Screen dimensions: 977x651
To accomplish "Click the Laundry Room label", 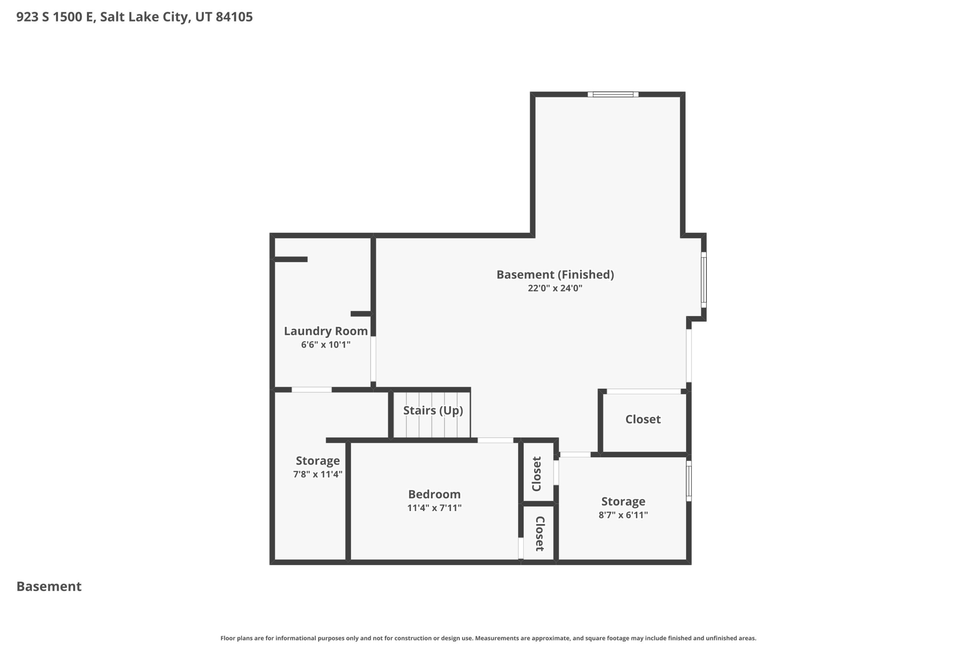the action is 326,331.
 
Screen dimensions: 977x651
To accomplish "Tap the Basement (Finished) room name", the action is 555,275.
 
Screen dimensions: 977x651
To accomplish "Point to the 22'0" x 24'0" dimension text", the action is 555,288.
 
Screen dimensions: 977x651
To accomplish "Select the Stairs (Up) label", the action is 433,411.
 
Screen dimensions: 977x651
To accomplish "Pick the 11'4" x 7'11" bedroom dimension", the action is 434,508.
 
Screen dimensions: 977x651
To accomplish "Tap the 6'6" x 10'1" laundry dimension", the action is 326,345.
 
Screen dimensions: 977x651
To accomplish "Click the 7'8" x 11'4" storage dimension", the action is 318,474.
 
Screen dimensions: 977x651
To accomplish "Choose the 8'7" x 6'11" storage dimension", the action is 623,515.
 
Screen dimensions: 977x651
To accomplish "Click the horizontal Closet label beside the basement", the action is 643,420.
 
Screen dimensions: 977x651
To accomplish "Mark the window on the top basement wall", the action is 613,94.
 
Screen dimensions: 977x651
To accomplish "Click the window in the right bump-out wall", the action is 704,280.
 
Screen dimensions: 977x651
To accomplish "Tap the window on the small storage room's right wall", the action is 689,481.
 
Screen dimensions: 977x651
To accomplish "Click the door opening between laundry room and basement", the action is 373,359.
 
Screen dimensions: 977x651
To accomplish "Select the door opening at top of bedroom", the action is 495,440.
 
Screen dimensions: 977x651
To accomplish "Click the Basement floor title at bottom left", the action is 49,586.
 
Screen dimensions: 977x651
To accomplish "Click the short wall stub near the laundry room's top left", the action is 291,259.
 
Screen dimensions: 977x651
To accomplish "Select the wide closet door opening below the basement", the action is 643,391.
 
